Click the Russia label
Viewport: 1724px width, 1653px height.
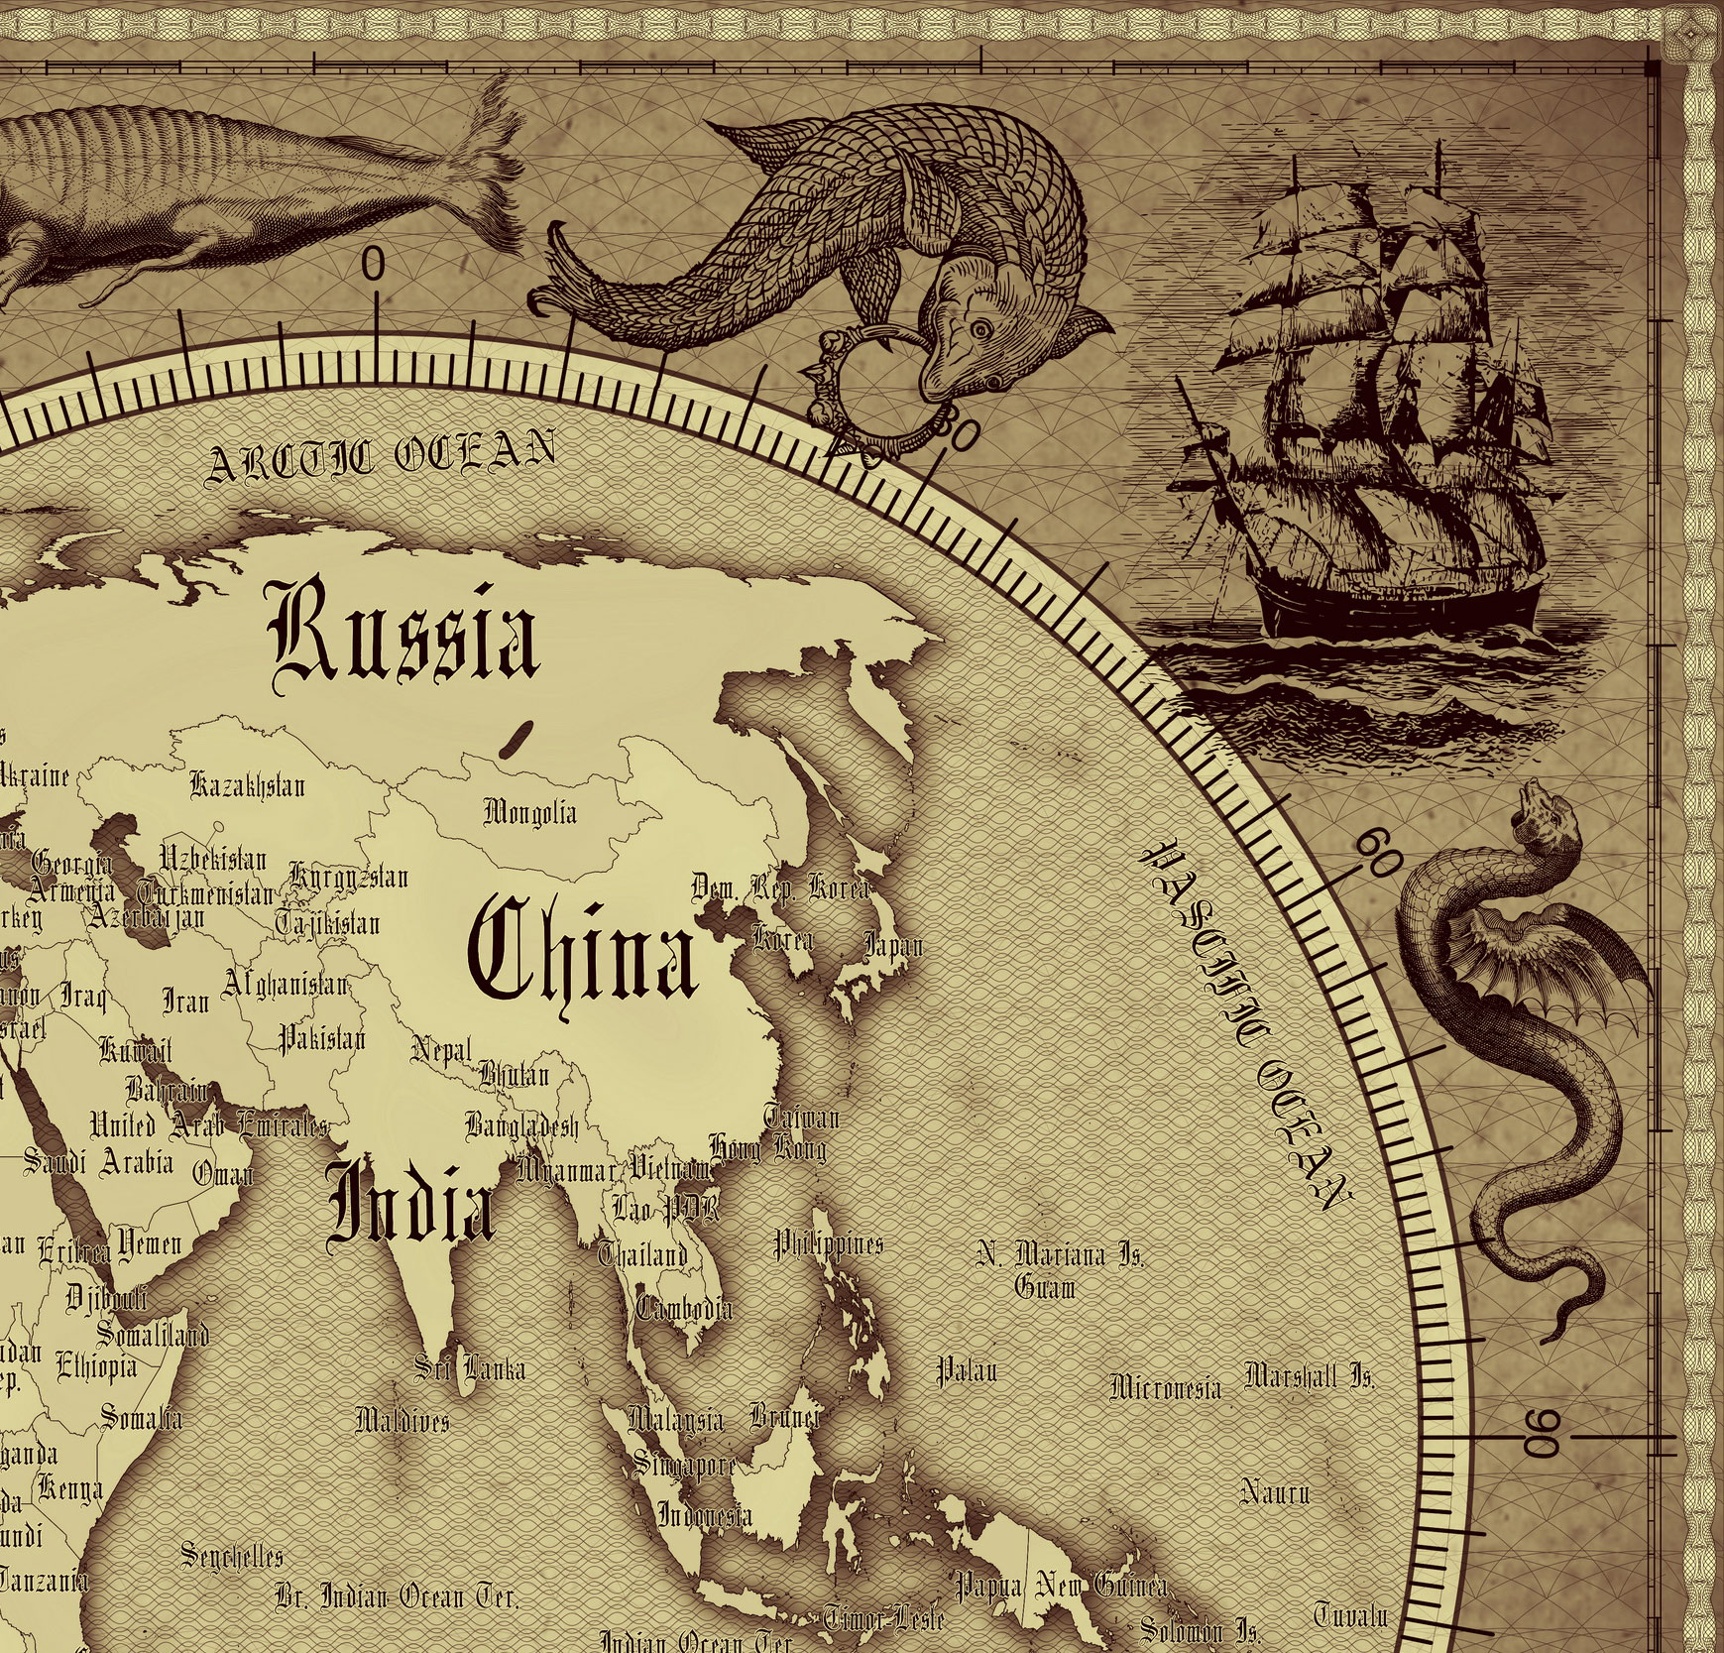click(x=404, y=632)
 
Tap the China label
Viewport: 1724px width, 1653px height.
click(x=583, y=949)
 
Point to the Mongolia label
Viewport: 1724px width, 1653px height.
click(x=529, y=813)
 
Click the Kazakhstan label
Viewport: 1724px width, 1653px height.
click(x=248, y=786)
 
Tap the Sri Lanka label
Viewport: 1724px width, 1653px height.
click(x=470, y=1369)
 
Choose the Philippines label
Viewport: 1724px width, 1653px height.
click(x=828, y=1243)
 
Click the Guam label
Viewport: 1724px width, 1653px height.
click(x=1045, y=1287)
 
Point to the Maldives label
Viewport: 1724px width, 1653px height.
click(x=402, y=1420)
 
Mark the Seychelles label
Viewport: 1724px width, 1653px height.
click(x=232, y=1555)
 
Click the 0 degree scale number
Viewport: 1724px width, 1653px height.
click(x=373, y=265)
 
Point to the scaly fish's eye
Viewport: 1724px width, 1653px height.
click(x=980, y=328)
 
